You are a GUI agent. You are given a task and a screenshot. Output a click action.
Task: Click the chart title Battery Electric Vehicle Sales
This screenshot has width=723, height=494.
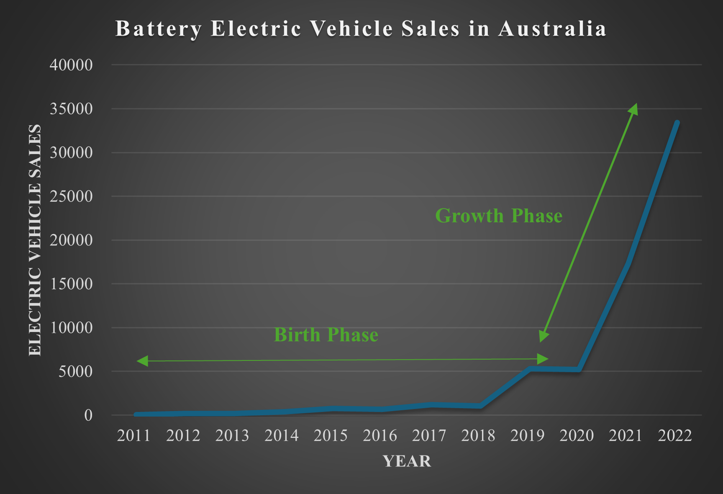click(x=361, y=29)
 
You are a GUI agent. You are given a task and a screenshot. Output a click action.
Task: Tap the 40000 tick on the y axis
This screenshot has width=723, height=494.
click(x=71, y=65)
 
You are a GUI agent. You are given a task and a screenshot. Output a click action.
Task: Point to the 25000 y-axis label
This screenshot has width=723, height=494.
click(x=71, y=196)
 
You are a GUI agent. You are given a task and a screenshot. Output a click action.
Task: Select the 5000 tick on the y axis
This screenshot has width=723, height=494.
click(x=75, y=371)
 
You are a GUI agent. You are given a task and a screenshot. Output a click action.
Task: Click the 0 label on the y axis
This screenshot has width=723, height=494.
click(x=88, y=415)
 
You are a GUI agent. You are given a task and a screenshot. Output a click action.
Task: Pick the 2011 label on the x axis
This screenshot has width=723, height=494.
click(x=133, y=436)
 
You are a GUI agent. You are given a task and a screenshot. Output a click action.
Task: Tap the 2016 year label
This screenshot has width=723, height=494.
click(x=379, y=436)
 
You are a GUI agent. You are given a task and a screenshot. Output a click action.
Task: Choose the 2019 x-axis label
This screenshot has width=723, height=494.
click(x=527, y=436)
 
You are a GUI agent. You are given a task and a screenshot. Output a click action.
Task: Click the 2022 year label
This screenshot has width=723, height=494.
click(x=674, y=436)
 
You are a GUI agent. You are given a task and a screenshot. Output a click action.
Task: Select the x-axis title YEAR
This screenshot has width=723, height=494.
click(x=407, y=461)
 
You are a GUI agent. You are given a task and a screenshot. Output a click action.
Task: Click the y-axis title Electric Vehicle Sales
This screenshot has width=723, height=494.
click(x=35, y=240)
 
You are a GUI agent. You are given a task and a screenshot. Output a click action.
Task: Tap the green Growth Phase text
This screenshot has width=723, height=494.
click(x=499, y=216)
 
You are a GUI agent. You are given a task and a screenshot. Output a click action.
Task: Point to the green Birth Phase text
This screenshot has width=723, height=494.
click(x=326, y=335)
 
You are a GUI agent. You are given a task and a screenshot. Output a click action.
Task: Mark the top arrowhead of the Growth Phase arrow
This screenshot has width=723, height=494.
click(x=634, y=109)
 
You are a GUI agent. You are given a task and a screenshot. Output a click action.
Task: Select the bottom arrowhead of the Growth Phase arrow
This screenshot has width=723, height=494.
click(x=543, y=336)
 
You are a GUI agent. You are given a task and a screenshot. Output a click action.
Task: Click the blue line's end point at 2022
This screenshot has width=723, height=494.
click(x=677, y=123)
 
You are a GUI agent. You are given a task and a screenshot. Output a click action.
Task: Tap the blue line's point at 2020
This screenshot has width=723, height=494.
click(x=579, y=369)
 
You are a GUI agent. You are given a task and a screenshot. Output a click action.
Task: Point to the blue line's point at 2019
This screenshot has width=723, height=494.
click(x=530, y=369)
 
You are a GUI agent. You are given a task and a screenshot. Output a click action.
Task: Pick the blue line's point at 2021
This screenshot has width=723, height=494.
click(x=628, y=263)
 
